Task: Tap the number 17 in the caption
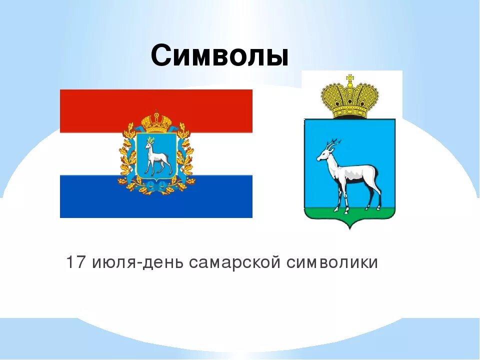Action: coord(76,262)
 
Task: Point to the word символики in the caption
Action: coord(332,262)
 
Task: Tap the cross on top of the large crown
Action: coord(349,78)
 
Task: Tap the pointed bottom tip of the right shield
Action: coord(350,228)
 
